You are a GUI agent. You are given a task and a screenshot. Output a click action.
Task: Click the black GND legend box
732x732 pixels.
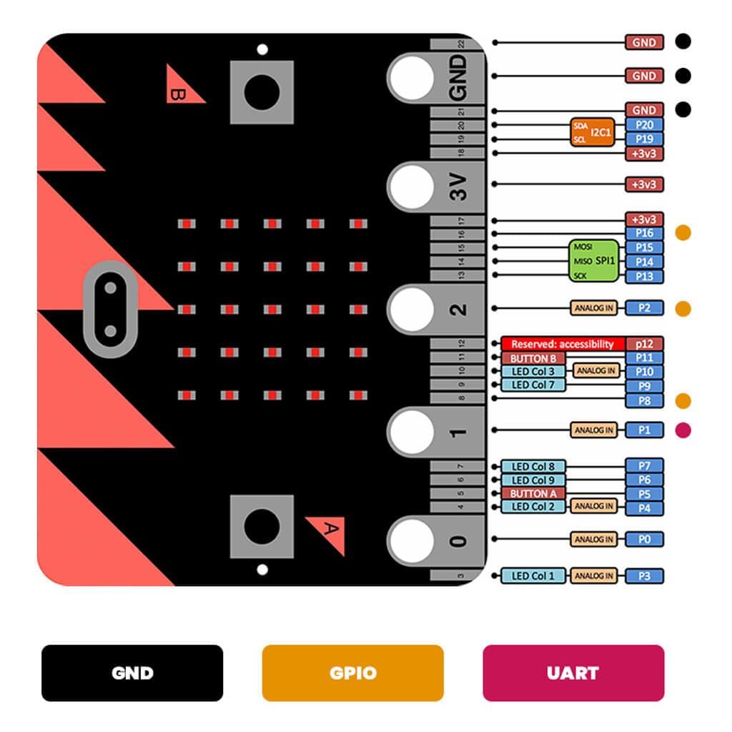pos(132,673)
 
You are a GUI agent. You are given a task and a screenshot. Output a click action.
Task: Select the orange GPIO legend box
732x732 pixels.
pos(352,673)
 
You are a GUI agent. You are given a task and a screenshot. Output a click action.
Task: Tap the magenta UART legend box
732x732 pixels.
pos(573,673)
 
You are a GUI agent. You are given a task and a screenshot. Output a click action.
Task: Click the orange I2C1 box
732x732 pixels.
pos(592,132)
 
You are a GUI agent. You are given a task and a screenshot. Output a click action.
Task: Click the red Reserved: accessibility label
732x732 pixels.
pos(563,344)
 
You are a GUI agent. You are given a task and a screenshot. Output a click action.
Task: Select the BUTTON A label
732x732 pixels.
pos(533,493)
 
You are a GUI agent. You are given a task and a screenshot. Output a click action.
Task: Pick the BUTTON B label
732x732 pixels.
pos(533,358)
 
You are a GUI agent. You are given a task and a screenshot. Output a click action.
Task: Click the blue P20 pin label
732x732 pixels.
pos(644,124)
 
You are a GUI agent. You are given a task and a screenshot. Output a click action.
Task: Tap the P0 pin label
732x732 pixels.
pos(644,540)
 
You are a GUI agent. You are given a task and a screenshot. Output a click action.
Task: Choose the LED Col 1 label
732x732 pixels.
pos(533,576)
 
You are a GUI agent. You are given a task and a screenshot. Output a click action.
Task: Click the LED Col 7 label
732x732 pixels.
pos(533,385)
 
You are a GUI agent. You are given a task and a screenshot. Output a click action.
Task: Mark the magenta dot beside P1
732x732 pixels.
pos(683,430)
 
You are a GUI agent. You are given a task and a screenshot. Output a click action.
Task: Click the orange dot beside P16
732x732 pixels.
pos(683,233)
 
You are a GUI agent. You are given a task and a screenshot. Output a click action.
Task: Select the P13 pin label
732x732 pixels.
pos(644,277)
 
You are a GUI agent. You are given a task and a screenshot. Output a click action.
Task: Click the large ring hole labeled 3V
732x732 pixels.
pos(411,188)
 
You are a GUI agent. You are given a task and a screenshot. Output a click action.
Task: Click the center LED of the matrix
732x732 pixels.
pos(272,310)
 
